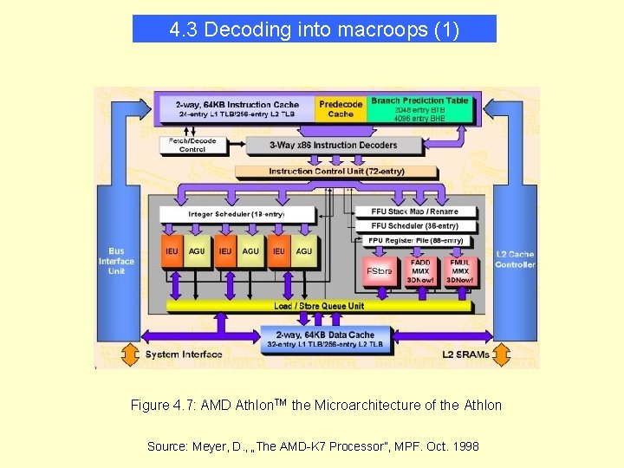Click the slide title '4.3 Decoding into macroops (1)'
(314, 29)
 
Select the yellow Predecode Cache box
(341, 108)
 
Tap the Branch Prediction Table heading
(419, 101)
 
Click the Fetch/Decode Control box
(192, 145)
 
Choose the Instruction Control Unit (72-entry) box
(336, 171)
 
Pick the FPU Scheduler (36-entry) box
(414, 225)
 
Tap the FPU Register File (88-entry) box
(416, 240)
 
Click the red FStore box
(379, 270)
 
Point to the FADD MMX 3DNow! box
(420, 270)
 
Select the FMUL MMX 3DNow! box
(459, 270)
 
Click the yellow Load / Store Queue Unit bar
(319, 305)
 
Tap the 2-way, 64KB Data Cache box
(325, 339)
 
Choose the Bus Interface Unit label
(117, 261)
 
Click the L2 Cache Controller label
(515, 259)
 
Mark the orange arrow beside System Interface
(130, 354)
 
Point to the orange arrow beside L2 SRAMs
(504, 354)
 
